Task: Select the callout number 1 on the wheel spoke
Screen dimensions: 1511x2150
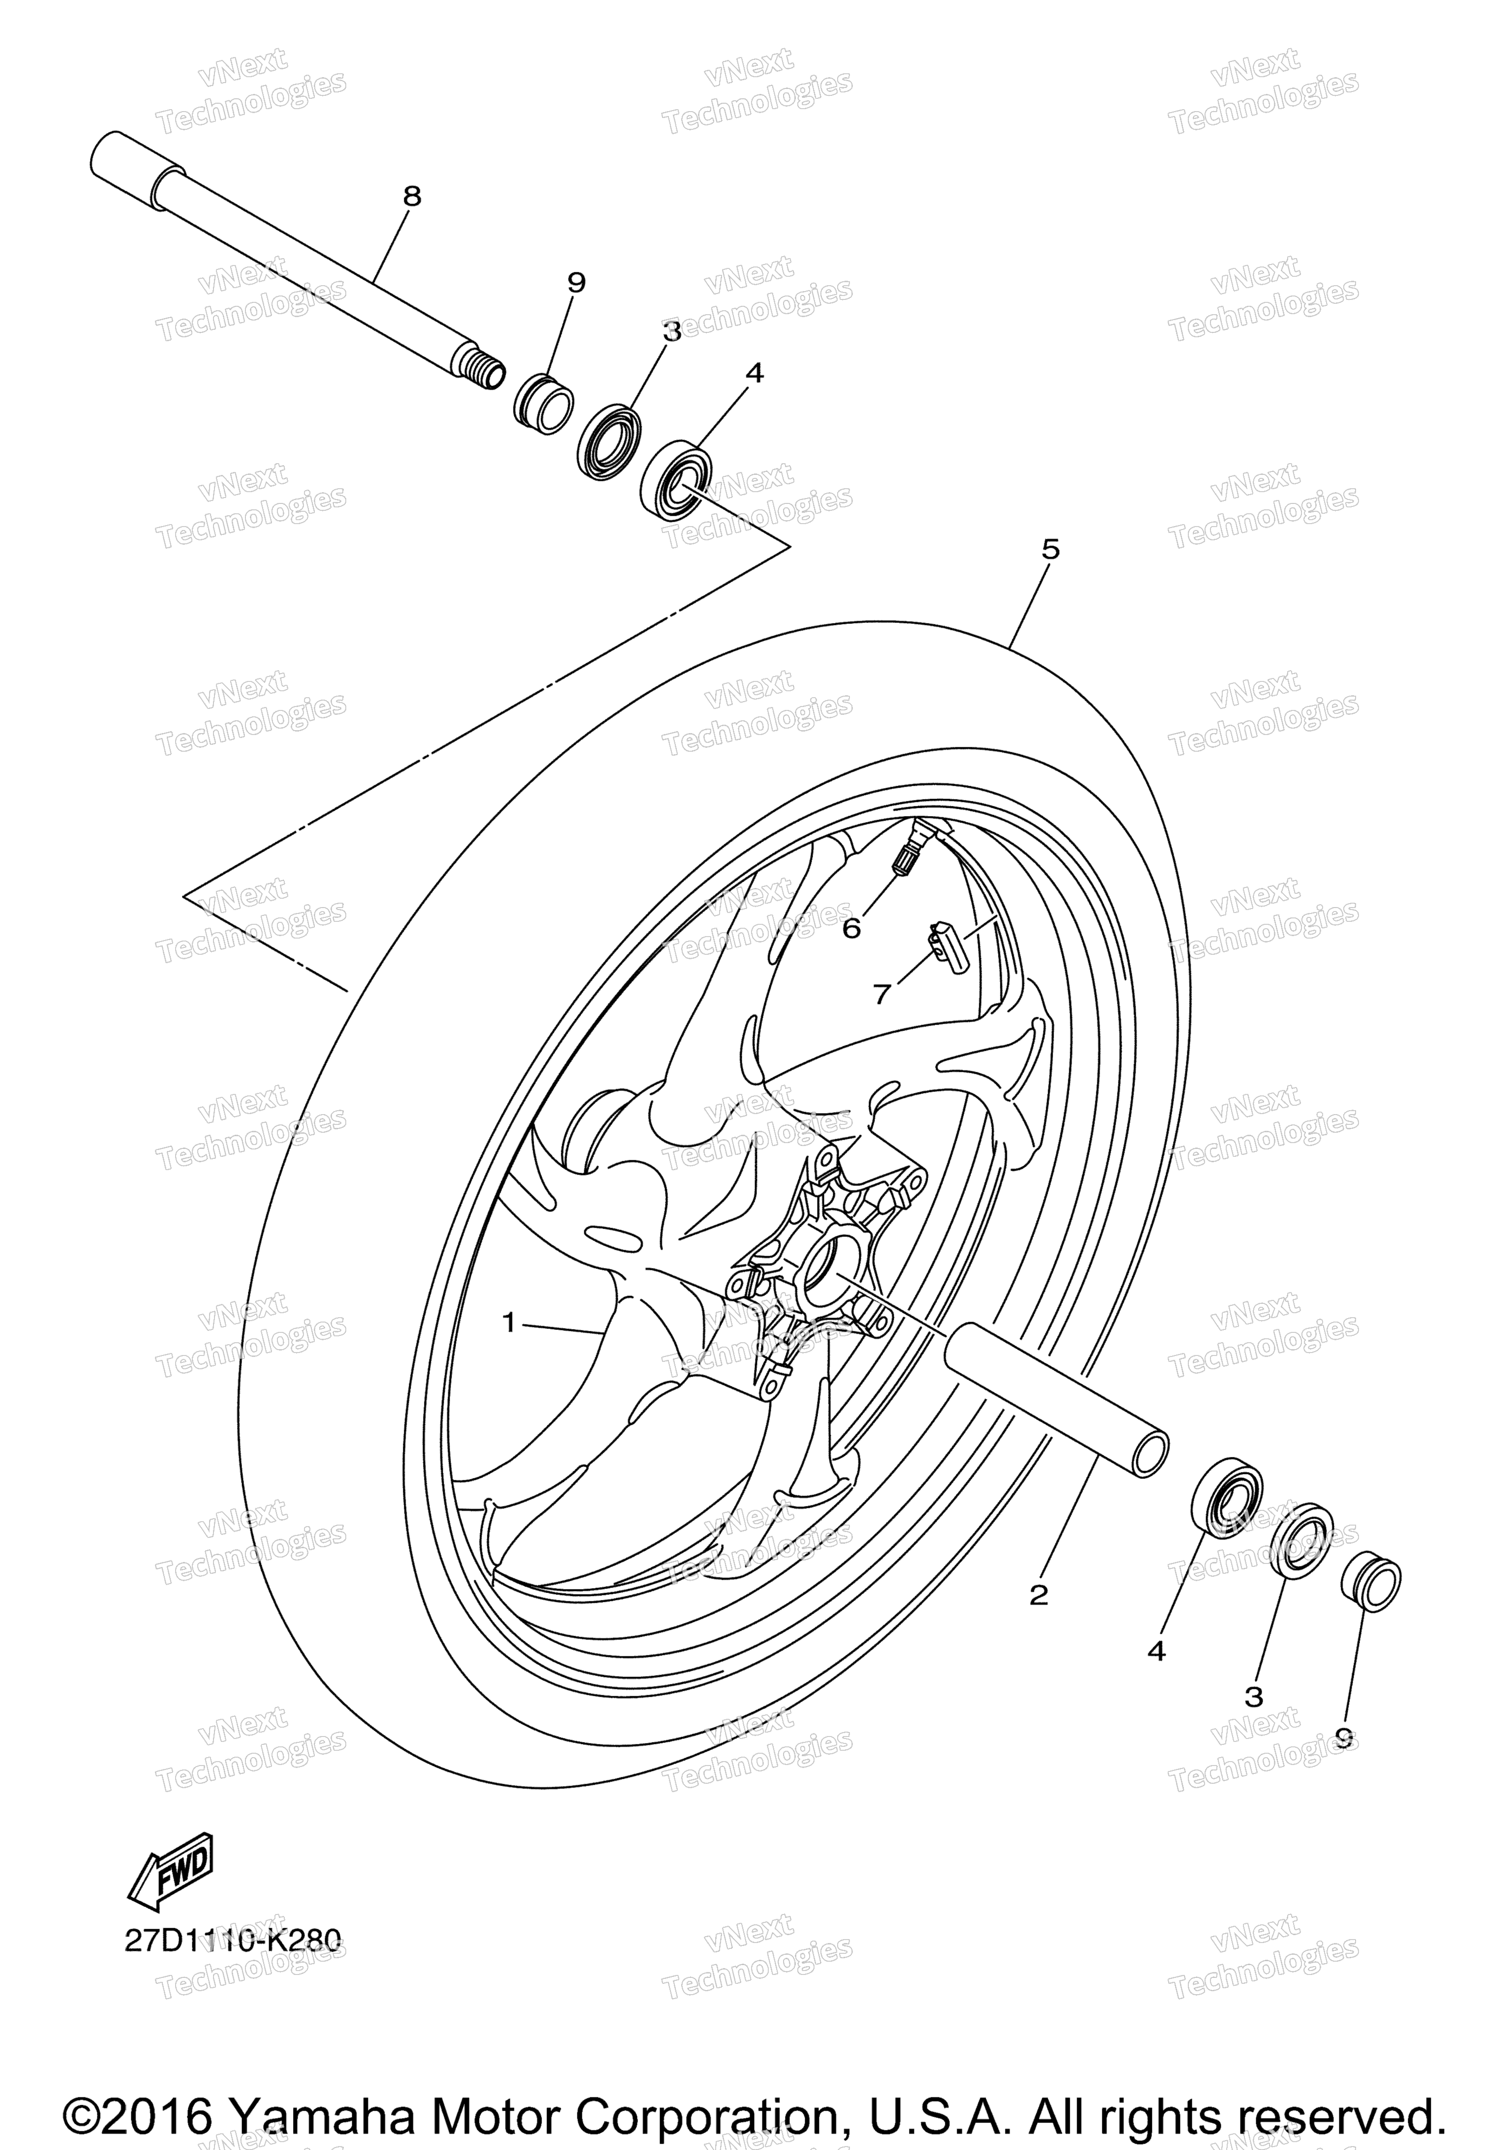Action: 509,1322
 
